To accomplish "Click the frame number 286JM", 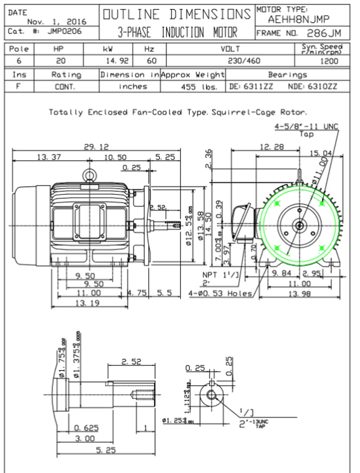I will [323, 33].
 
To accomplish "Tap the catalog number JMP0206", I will [64, 31].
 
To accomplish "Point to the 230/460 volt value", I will [244, 61].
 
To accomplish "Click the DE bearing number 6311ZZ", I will [258, 86].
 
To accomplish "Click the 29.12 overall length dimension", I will [96, 147].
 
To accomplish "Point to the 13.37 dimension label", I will [49, 157].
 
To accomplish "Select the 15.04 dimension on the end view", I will [320, 153].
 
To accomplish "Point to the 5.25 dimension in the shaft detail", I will [106, 450].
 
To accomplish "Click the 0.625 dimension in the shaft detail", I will [86, 428].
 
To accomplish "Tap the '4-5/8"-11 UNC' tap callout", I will [306, 126].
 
